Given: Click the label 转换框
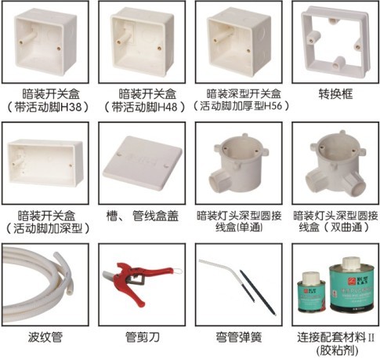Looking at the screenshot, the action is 335,93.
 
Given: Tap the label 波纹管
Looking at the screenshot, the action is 45,336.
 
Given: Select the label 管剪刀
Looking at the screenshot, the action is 143,336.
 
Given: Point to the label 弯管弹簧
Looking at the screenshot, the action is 239,336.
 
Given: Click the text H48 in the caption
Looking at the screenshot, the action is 168,107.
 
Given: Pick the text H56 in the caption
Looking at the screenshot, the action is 273,106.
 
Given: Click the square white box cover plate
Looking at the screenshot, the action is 143,162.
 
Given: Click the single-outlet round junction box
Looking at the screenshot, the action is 238,163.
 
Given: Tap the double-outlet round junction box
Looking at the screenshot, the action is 335,163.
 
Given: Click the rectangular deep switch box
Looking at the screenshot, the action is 45,163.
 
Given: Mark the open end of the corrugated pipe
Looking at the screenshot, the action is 69,291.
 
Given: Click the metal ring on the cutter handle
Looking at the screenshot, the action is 178,271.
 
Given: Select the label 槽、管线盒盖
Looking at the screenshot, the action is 143,216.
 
